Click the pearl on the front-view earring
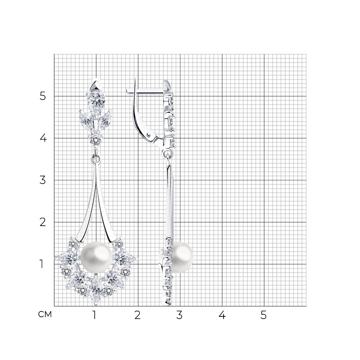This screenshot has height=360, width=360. (96, 257)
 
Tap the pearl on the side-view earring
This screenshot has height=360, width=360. (182, 257)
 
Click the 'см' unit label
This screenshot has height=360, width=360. (45, 315)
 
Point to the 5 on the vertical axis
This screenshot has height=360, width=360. (43, 96)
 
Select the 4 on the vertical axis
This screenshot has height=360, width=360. (43, 139)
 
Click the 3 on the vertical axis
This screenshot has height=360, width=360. (43, 180)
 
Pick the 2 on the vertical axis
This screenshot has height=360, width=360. (43, 222)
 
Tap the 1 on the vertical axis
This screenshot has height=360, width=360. (41, 264)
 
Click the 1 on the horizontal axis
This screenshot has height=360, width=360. (94, 315)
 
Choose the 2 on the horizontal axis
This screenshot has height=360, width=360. (137, 315)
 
